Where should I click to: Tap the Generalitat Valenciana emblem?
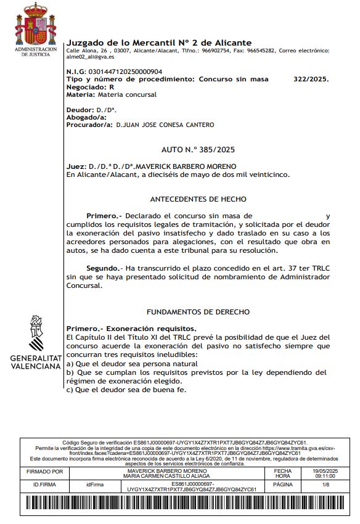click(35, 332)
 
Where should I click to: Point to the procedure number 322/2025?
click(311, 80)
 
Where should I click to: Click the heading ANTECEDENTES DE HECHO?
click(198, 199)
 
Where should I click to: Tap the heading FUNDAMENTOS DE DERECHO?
click(198, 313)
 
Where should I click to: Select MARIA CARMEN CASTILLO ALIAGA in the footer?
click(166, 476)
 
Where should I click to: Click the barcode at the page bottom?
click(179, 506)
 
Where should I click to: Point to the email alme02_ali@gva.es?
click(86, 57)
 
